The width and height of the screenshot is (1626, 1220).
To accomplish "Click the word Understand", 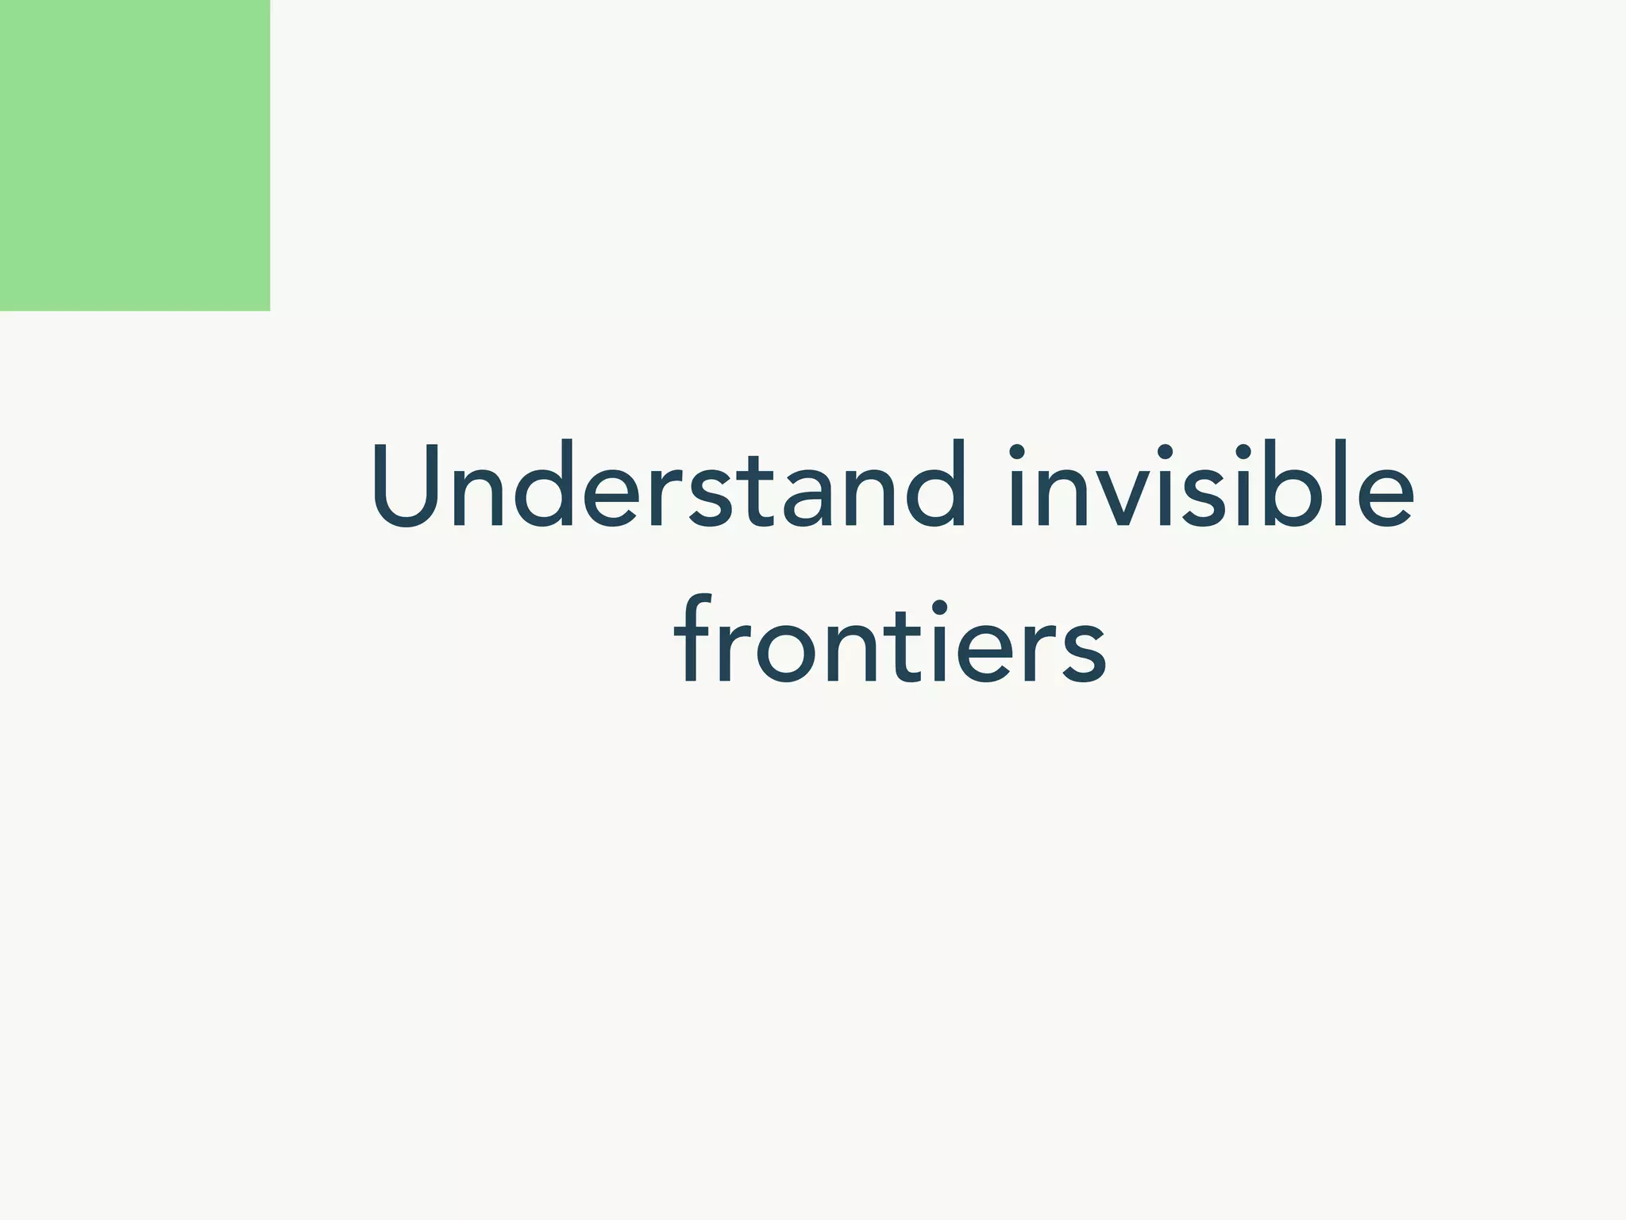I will tap(669, 485).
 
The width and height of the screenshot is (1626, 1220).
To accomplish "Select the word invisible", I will tap(1212, 485).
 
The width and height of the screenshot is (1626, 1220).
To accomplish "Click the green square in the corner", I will tap(135, 155).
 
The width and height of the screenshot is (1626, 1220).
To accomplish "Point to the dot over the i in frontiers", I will tap(939, 608).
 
